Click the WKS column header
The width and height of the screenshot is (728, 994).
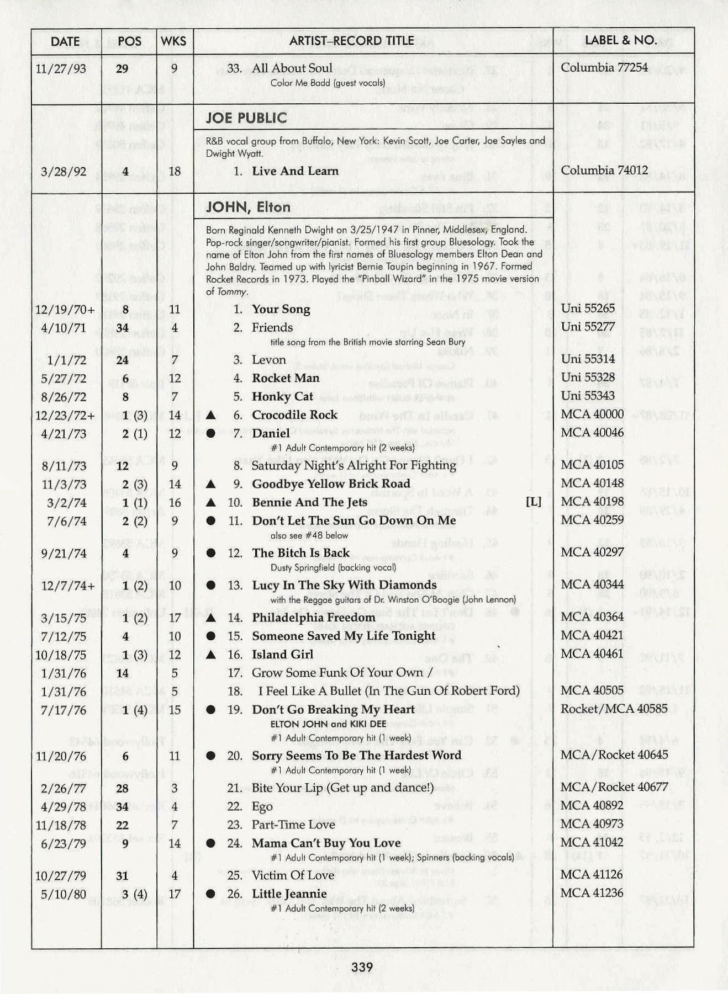point(173,41)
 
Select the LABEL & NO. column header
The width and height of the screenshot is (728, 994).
point(620,40)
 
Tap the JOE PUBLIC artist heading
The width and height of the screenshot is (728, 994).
point(246,118)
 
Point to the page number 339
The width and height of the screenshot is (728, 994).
point(362,966)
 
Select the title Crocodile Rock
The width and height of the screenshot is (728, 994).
point(294,414)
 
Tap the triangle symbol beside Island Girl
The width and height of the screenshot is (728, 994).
point(210,655)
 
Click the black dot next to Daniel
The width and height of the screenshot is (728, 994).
point(210,434)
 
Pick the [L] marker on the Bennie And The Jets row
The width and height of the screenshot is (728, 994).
point(534,502)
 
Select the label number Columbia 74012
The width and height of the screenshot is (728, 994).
point(604,170)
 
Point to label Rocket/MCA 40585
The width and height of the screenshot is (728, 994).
point(614,708)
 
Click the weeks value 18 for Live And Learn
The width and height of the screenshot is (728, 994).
point(175,171)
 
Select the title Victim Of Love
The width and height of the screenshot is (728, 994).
point(293,875)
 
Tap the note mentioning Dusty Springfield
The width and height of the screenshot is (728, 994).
point(333,567)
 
